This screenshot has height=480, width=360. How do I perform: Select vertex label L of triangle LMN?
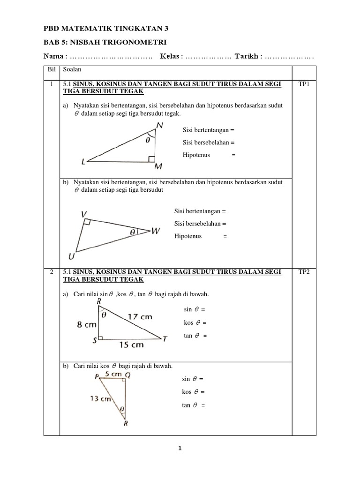click(83, 162)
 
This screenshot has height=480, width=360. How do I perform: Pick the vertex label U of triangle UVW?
click(71, 256)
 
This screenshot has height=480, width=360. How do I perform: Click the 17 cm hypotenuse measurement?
click(140, 316)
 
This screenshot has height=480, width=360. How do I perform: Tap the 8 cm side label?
click(87, 324)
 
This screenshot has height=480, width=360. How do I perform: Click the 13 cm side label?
click(100, 399)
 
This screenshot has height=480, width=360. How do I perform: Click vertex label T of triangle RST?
click(165, 339)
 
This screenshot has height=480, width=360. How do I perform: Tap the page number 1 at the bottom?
click(180, 449)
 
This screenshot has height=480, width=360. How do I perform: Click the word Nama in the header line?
click(53, 57)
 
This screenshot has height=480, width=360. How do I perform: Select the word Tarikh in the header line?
click(248, 57)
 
